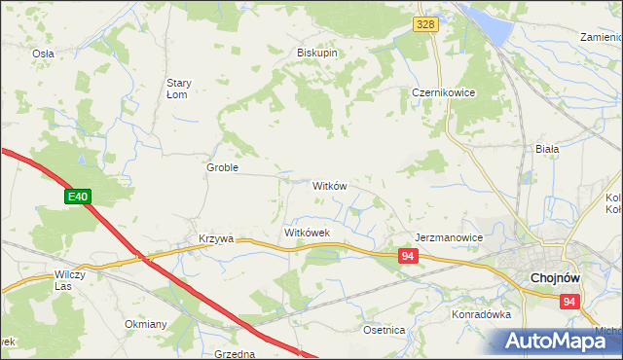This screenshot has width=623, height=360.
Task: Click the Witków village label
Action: pyautogui.click(x=329, y=185)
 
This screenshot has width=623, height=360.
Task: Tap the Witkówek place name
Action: pyautogui.click(x=308, y=234)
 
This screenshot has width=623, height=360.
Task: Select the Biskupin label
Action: pyautogui.click(x=317, y=54)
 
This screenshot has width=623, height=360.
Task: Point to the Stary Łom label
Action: pyautogui.click(x=183, y=89)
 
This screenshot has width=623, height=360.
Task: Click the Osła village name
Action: pyautogui.click(x=43, y=54)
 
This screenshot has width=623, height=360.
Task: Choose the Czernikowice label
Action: pyautogui.click(x=437, y=93)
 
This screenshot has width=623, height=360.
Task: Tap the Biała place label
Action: pyautogui.click(x=547, y=149)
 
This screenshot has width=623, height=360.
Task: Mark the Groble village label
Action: pyautogui.click(x=222, y=167)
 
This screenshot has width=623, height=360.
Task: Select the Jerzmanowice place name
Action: pyautogui.click(x=449, y=237)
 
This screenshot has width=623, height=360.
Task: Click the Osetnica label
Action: pyautogui.click(x=384, y=330)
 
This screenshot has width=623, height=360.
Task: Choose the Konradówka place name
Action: pyautogui.click(x=481, y=315)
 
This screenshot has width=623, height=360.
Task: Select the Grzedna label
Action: pyautogui.click(x=234, y=354)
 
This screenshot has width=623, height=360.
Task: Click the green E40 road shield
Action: pyautogui.click(x=79, y=198)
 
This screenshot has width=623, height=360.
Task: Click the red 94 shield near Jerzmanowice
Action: pyautogui.click(x=409, y=255)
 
